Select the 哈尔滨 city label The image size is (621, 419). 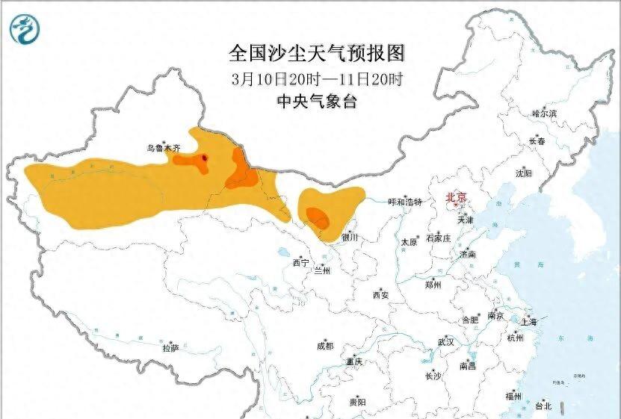[x=545, y=114]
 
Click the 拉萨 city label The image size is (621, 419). [x=170, y=347]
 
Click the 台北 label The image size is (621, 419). [x=543, y=406]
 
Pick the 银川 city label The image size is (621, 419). [x=350, y=238]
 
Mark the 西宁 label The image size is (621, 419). [x=300, y=263]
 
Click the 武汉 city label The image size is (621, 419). [x=446, y=341]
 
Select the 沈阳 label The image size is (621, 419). [x=523, y=173]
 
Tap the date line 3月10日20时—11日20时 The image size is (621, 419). [x=317, y=78]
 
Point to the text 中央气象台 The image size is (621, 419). [x=317, y=102]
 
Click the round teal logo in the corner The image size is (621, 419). [x=24, y=28]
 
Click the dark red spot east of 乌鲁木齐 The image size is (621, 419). [x=205, y=157]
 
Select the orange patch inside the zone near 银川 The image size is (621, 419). [x=317, y=217]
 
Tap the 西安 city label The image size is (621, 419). [x=380, y=295]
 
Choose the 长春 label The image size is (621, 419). [x=537, y=141]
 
